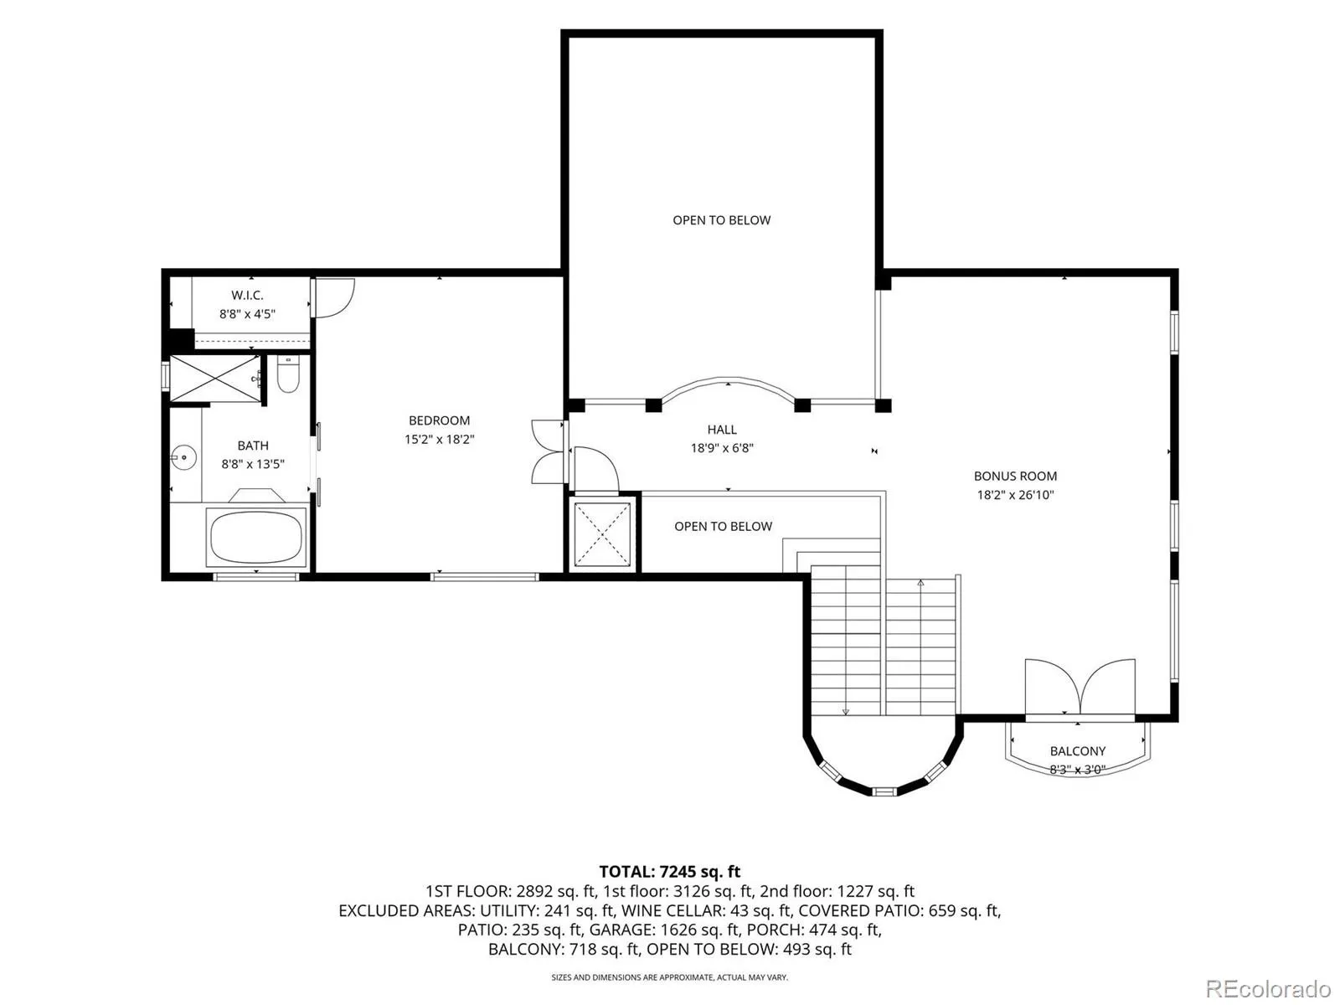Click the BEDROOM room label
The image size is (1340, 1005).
coord(439,420)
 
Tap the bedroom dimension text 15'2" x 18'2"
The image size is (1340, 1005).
coord(439,440)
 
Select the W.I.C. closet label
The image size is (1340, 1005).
coord(247,296)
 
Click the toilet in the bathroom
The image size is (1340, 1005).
coord(288,374)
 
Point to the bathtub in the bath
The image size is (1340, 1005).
coord(256,538)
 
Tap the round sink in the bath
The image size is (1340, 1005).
coord(183,457)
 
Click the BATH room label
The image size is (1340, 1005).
coord(253,446)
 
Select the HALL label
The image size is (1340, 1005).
coord(722,430)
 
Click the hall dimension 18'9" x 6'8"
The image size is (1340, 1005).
coord(722,449)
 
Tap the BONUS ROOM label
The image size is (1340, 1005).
coord(1015,476)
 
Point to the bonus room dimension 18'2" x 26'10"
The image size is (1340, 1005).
coord(1015,495)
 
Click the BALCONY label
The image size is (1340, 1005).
coord(1078,751)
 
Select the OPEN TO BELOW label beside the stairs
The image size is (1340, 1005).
coord(723,527)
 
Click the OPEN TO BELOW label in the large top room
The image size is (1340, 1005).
coord(722,220)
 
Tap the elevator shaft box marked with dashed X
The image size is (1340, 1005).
coord(602,534)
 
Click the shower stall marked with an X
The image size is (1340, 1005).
coord(215,379)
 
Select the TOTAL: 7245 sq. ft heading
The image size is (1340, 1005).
coord(669,871)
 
